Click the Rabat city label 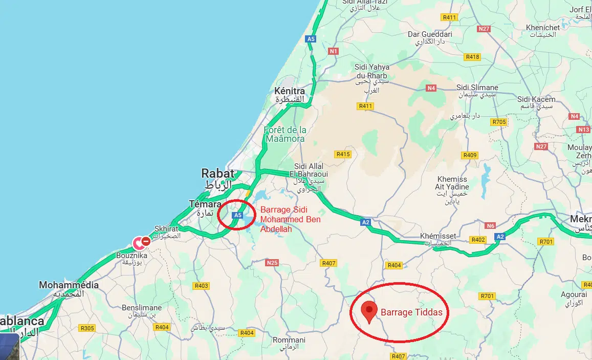coord(217,173)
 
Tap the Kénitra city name coord(289,91)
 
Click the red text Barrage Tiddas coord(411,312)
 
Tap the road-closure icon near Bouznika coord(145,241)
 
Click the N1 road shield coord(334,51)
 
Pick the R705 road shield coord(498,122)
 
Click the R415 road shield coord(342,154)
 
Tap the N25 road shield coord(272,263)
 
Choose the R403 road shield coord(202,286)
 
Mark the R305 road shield coord(87,328)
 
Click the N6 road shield coord(490,226)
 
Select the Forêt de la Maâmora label coord(285,134)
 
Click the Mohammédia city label coord(69,285)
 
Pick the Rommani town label coord(289,340)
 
